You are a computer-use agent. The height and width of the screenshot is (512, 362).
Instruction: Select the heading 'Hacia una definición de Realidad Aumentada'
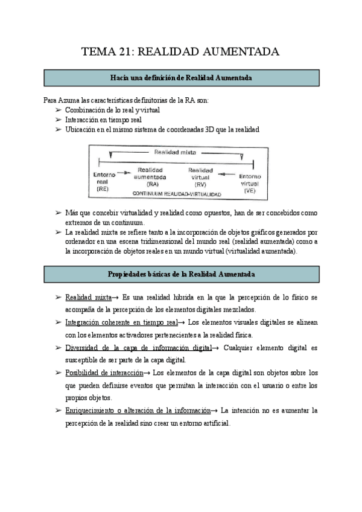pyautogui.click(x=181, y=78)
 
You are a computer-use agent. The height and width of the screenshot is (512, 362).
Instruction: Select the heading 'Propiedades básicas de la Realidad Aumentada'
pyautogui.click(x=181, y=274)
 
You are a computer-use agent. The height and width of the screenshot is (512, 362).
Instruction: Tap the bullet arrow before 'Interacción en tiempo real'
pyautogui.click(x=58, y=120)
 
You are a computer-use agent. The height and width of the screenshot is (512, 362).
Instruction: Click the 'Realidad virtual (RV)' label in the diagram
pyautogui.click(x=200, y=176)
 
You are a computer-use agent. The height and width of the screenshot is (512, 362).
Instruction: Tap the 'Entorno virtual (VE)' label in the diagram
pyautogui.click(x=250, y=183)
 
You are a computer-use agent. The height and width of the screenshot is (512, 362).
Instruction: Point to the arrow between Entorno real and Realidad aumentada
pyautogui.click(x=123, y=173)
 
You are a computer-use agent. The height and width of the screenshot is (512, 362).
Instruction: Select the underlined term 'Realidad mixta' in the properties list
pyautogui.click(x=88, y=297)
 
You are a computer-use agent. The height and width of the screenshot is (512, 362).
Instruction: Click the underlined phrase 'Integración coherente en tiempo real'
pyautogui.click(x=121, y=322)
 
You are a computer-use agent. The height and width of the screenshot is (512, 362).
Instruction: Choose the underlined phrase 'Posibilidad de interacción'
pyautogui.click(x=104, y=373)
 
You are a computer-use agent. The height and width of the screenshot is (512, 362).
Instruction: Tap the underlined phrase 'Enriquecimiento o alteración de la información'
pyautogui.click(x=137, y=411)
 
